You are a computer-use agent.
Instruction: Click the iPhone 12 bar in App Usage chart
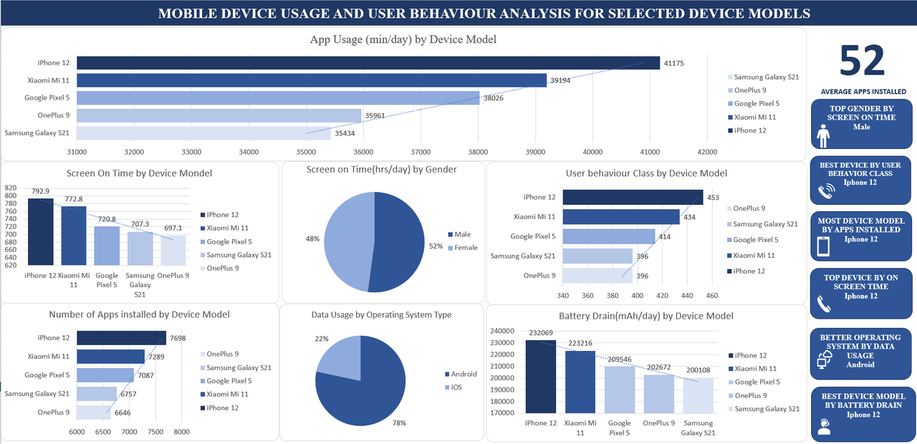368,63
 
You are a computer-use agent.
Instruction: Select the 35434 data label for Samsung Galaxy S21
349,133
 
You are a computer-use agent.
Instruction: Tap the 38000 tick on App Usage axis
478,152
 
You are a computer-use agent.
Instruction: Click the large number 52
862,62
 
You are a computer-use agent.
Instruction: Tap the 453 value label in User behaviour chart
714,198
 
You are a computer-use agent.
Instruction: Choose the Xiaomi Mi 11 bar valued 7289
110,356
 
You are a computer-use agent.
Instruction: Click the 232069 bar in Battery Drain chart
541,376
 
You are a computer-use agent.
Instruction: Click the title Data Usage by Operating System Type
381,314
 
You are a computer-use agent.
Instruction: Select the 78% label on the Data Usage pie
398,423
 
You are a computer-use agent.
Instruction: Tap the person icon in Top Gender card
822,134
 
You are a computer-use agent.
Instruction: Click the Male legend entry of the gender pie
463,234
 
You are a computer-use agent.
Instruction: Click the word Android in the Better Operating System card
860,365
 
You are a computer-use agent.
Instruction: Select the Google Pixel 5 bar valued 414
608,236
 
